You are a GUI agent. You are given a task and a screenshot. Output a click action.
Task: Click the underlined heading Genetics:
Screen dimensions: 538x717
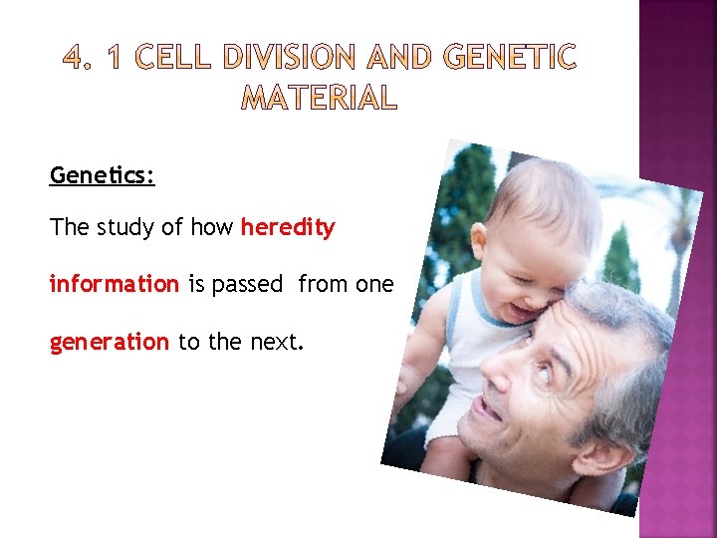(x=102, y=176)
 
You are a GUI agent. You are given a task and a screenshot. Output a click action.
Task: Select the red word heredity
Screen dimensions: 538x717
(x=288, y=228)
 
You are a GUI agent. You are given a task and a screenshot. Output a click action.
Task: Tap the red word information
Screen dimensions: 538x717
(x=114, y=285)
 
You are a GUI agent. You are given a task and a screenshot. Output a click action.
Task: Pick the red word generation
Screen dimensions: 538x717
(x=109, y=343)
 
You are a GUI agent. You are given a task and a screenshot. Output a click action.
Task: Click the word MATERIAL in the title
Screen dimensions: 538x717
(x=319, y=99)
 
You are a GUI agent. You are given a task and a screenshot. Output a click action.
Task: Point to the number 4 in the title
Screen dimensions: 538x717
(x=75, y=59)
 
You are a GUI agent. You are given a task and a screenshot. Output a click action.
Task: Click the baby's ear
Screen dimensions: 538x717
(x=480, y=240)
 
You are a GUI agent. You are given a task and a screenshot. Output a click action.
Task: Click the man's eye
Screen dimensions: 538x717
(x=544, y=368)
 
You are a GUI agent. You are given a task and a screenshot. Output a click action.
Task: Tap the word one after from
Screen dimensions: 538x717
(x=374, y=285)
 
